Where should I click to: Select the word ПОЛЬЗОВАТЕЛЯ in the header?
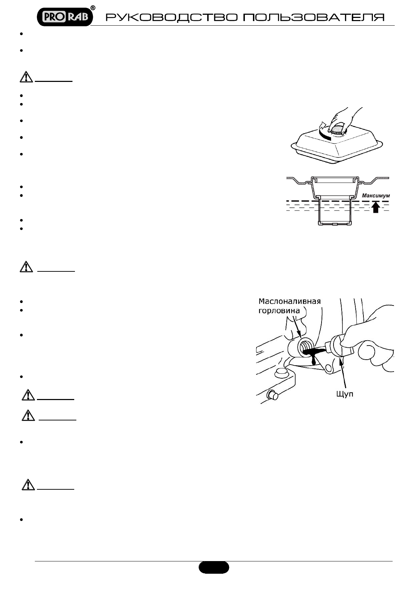pyautogui.click(x=313, y=18)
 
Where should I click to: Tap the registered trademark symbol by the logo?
pyautogui.click(x=93, y=7)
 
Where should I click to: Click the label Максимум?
pyautogui.click(x=376, y=195)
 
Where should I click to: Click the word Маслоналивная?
pyautogui.click(x=290, y=301)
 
